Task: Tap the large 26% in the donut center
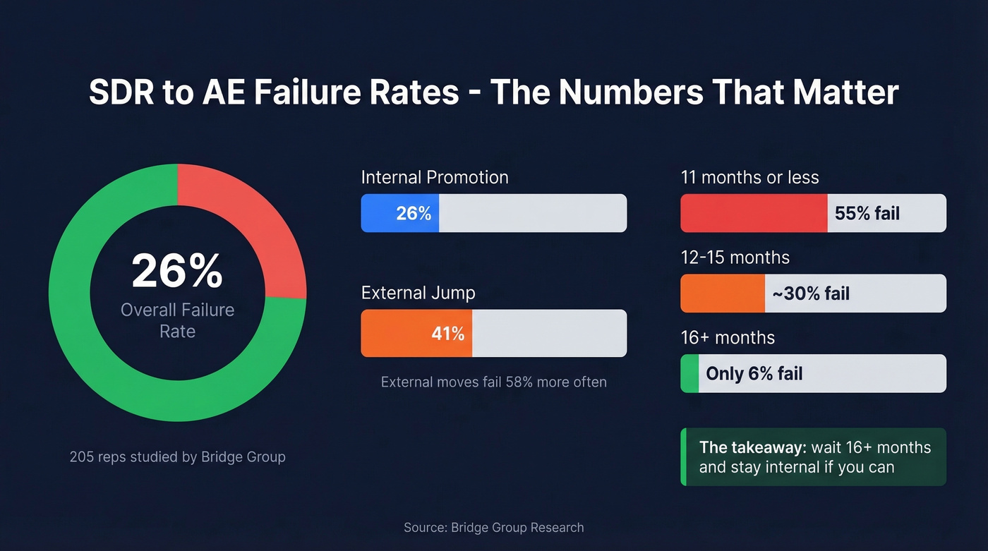click(x=177, y=271)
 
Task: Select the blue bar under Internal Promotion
click(x=399, y=213)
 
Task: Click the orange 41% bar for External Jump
click(x=416, y=333)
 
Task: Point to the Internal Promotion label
click(x=434, y=177)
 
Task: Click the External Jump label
click(x=418, y=293)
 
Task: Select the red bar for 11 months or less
click(x=753, y=213)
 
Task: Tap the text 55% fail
click(x=867, y=213)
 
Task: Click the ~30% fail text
click(x=811, y=293)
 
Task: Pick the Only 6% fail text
click(x=754, y=373)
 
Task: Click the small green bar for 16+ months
click(x=689, y=373)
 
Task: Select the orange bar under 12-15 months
click(x=722, y=293)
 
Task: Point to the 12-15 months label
click(x=735, y=258)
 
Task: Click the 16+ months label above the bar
click(x=727, y=338)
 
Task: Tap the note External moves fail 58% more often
click(x=493, y=382)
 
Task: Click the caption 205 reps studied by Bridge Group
click(x=177, y=457)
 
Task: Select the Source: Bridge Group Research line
click(x=493, y=528)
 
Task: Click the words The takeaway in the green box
click(x=752, y=448)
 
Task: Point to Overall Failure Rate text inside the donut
click(x=177, y=320)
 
